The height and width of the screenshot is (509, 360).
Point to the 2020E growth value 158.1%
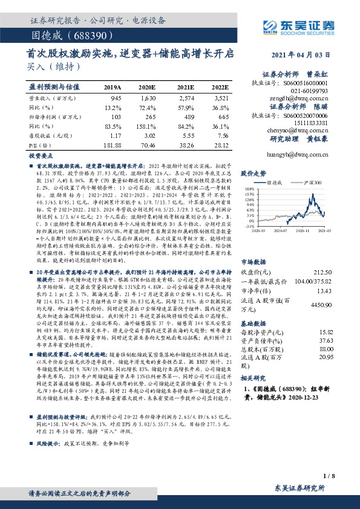149,126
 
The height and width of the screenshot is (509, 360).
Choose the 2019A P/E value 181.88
113,145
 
